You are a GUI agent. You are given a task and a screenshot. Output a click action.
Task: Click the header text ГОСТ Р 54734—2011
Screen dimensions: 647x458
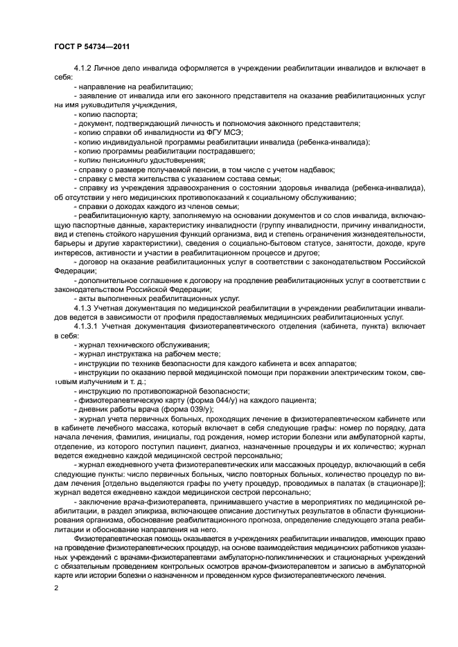pyautogui.click(x=92, y=46)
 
